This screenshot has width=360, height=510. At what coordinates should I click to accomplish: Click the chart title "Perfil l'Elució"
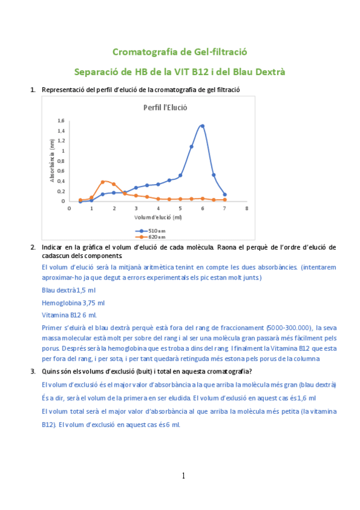165,108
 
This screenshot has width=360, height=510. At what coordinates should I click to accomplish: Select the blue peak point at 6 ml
203,126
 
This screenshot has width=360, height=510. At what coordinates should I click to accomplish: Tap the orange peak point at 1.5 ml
103,181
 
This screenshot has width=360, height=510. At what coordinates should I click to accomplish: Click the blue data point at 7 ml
225,194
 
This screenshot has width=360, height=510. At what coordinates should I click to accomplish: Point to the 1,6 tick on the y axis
61,120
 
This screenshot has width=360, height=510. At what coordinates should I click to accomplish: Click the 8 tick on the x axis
247,208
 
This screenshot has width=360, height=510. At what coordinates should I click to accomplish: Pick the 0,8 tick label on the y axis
61,161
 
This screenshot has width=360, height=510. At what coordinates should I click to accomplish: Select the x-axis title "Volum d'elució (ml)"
158,217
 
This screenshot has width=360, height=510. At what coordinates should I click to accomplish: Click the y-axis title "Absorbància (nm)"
52,161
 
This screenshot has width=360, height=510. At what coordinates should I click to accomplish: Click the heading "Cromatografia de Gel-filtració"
180,52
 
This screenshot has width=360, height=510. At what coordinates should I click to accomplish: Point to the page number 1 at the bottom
183,476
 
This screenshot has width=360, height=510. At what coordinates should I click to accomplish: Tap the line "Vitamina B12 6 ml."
69,315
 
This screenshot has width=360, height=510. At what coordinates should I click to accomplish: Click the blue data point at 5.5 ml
192,146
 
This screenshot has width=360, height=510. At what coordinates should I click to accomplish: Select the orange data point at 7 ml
225,200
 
